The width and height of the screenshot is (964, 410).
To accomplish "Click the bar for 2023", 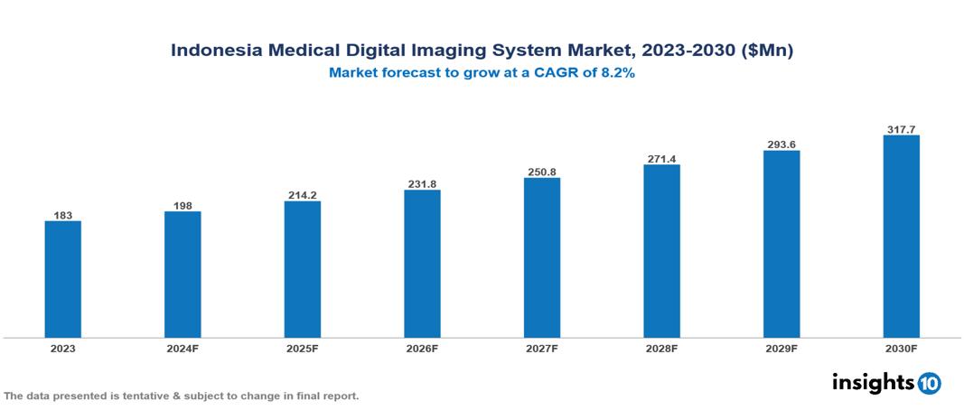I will (63, 279).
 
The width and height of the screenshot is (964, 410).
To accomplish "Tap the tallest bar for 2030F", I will (901, 237).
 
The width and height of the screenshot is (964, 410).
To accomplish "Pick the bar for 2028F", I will (661, 251).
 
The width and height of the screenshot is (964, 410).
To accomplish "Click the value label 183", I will (63, 215).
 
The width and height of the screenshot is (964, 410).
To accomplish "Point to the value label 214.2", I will (302, 195).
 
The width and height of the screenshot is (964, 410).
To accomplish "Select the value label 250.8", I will (542, 172).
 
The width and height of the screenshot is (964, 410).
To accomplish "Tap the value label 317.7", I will (901, 129).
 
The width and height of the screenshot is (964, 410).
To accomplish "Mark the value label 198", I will (183, 206).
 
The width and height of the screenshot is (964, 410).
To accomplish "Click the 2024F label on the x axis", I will (183, 349).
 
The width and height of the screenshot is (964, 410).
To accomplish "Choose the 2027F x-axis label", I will (542, 349).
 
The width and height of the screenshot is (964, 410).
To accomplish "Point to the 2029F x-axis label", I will (781, 349).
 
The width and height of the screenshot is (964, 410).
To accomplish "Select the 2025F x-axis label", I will (302, 349).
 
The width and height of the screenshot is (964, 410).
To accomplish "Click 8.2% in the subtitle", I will (615, 74).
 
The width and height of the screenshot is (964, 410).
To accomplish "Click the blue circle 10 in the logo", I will (929, 384).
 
